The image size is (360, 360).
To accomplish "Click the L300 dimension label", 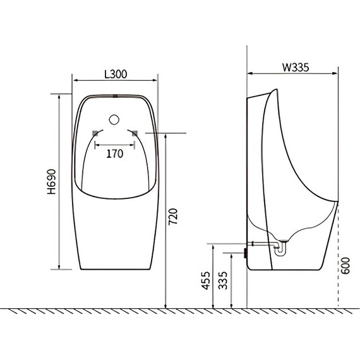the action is [116, 74].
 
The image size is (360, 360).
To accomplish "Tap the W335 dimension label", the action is [296, 68].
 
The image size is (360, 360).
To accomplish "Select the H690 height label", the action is [52, 182].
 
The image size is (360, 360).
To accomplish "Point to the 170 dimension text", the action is [115, 153].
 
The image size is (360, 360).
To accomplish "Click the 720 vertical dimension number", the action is [173, 217].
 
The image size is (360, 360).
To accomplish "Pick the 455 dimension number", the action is [206, 280].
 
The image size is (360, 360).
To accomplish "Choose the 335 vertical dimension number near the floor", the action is [223, 280].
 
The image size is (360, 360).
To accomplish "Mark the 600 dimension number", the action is [345, 266].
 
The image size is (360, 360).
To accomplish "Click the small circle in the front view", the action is [114, 119].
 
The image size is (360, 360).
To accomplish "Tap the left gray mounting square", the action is [95, 133].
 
